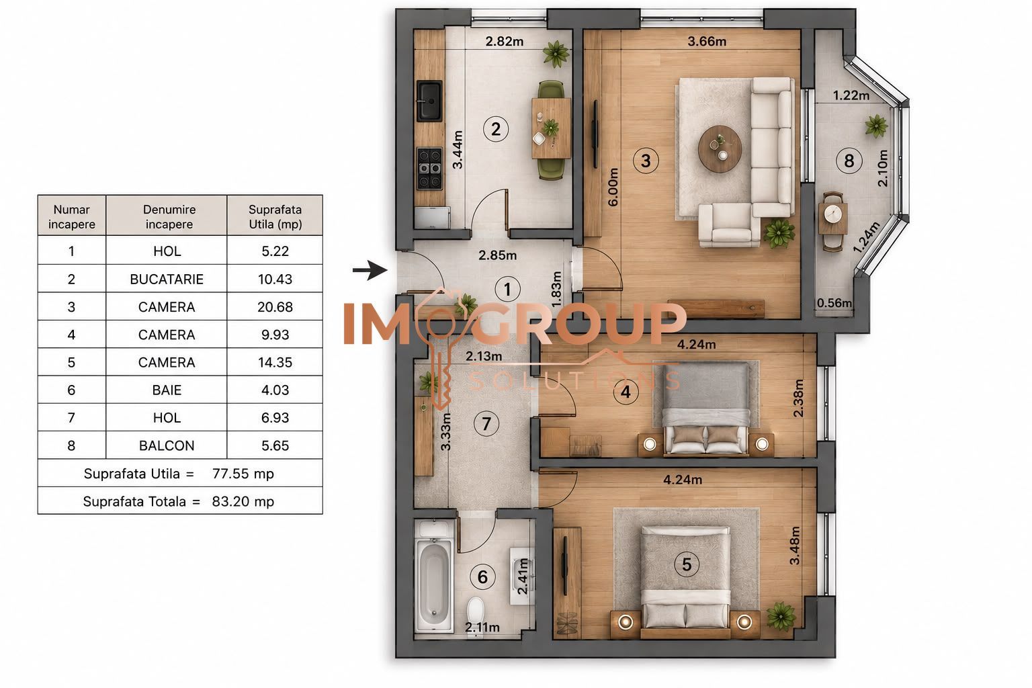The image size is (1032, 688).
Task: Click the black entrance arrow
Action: (x=370, y=270)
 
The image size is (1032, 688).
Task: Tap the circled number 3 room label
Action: (x=646, y=161)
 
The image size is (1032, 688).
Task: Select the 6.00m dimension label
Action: (x=613, y=187)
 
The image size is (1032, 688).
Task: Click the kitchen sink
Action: (x=429, y=101)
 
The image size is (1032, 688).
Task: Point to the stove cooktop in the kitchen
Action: (x=429, y=168)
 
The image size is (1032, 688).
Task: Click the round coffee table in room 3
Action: (x=720, y=149)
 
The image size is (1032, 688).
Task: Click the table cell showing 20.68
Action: (x=275, y=306)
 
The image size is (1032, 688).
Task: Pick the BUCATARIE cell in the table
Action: (x=167, y=279)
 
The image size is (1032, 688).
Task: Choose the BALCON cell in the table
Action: (x=167, y=445)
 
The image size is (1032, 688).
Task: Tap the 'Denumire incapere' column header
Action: (x=169, y=216)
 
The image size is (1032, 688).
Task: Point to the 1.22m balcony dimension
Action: (x=851, y=95)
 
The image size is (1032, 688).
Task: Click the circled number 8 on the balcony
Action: (x=849, y=161)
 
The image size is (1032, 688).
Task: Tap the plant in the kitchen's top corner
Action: (x=556, y=54)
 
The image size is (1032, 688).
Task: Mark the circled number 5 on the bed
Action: (x=687, y=564)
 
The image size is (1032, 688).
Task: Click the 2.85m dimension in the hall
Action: (x=498, y=255)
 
